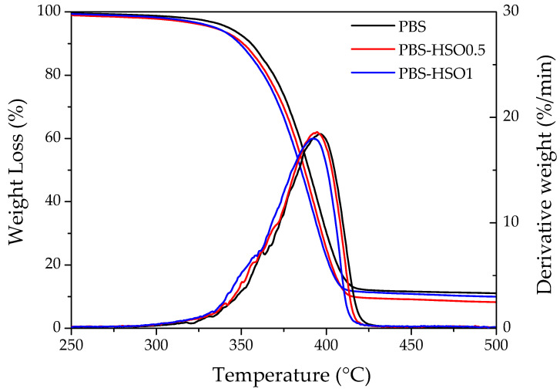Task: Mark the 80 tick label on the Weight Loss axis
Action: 53,75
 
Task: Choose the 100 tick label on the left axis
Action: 50,12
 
